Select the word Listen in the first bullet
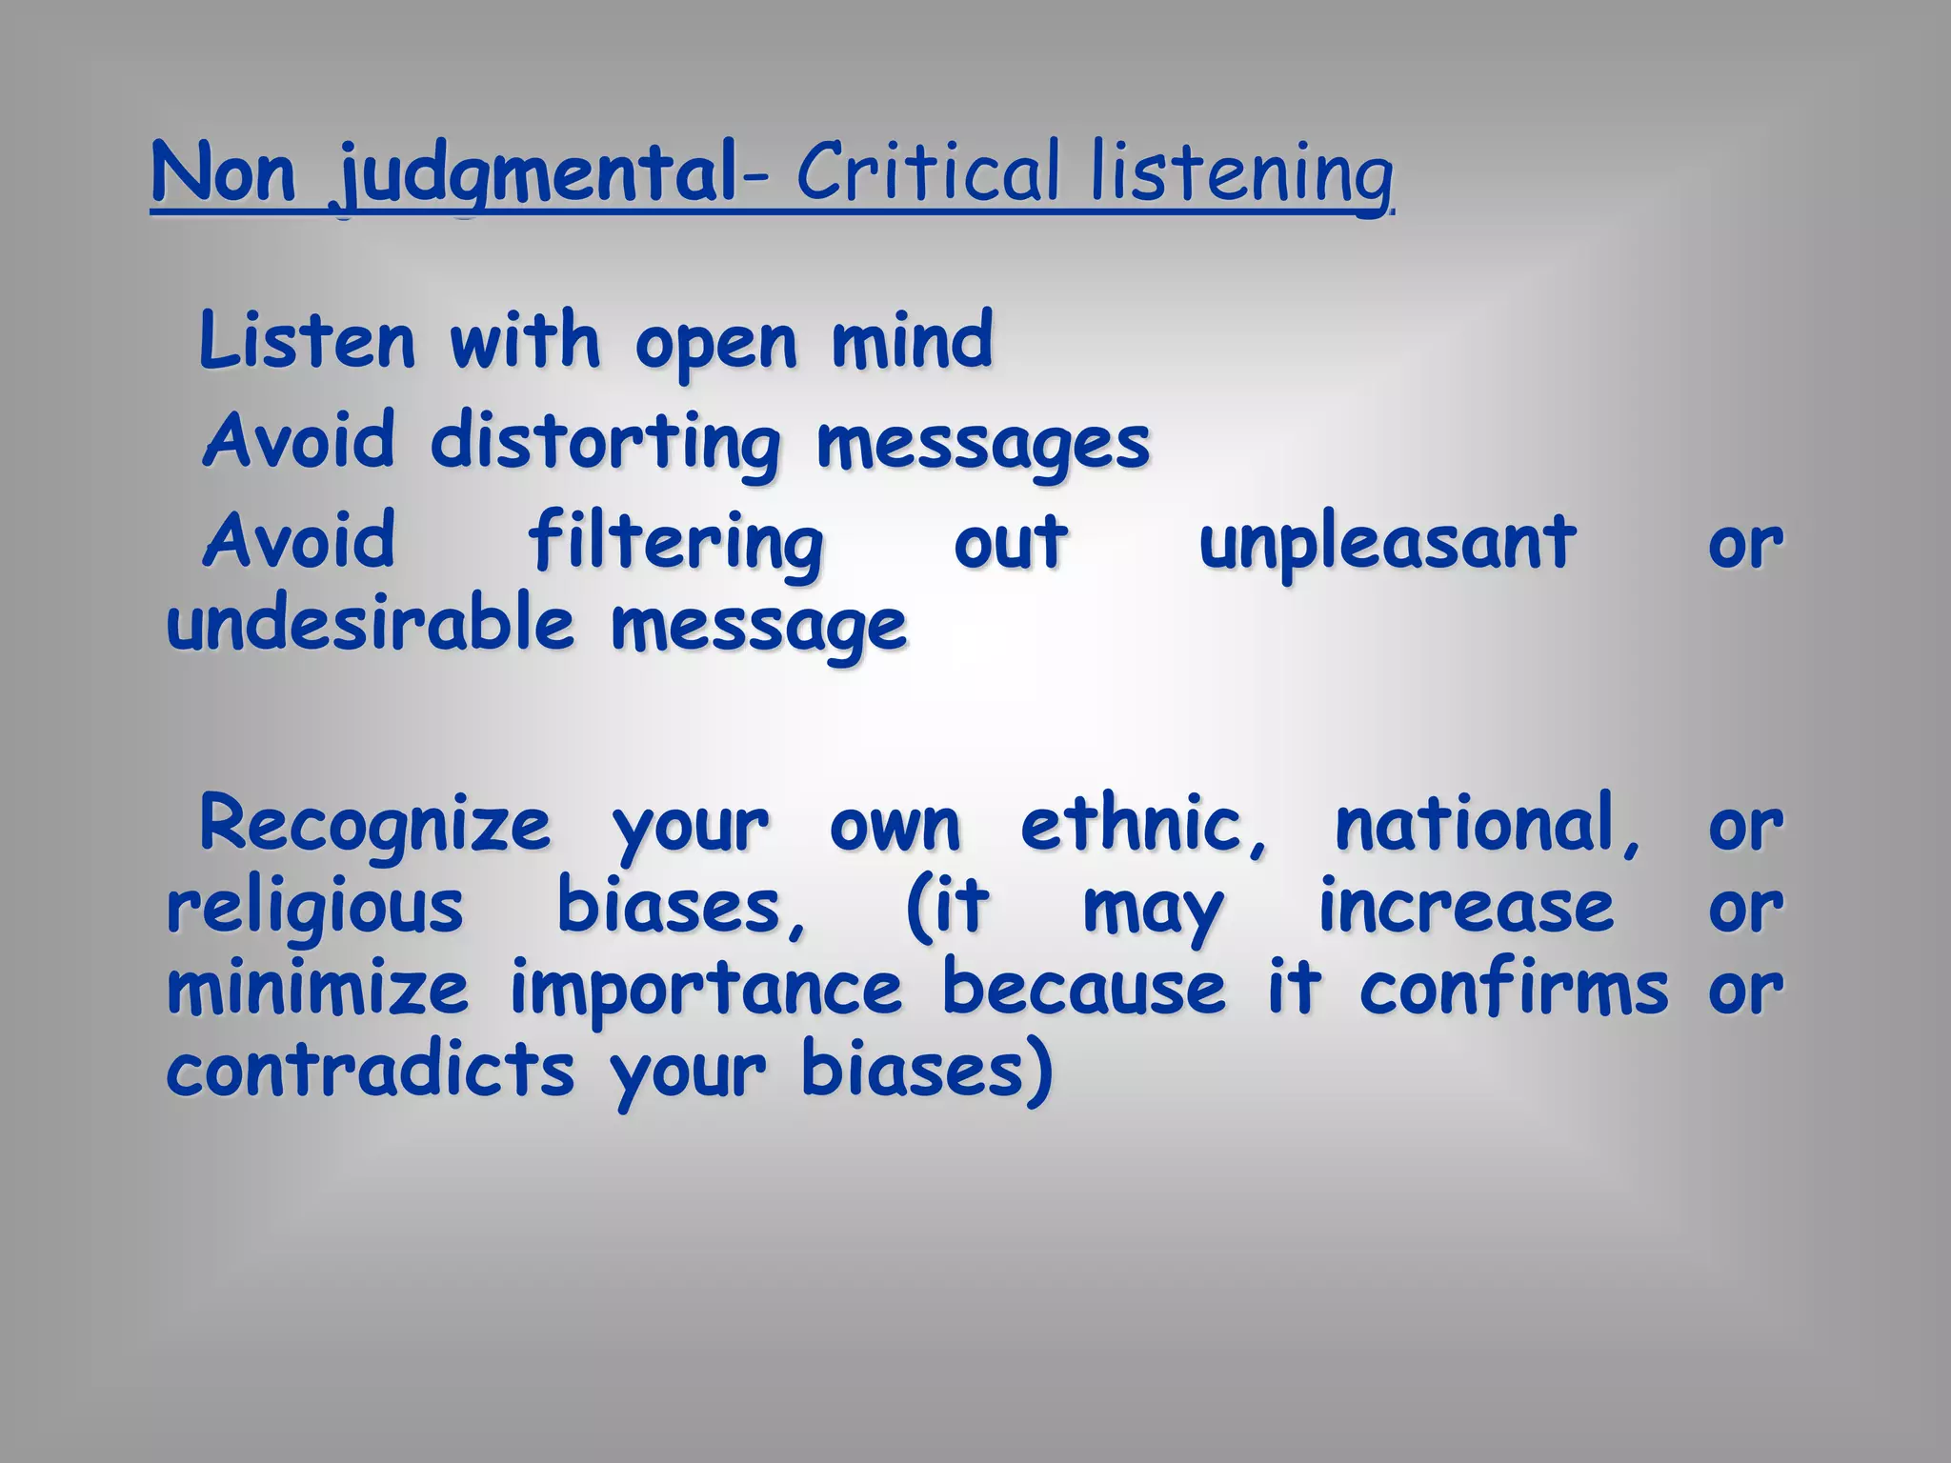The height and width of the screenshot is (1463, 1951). [x=307, y=341]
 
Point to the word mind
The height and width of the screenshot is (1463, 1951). [x=912, y=341]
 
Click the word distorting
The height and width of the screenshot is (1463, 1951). [x=605, y=443]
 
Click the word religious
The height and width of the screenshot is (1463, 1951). [x=314, y=908]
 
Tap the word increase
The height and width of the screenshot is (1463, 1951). [x=1466, y=907]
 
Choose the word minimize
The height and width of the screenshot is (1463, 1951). [x=317, y=989]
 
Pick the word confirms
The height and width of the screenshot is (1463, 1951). [x=1514, y=989]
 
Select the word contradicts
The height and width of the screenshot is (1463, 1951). [x=371, y=1071]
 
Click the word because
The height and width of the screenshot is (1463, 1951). [x=1084, y=989]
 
